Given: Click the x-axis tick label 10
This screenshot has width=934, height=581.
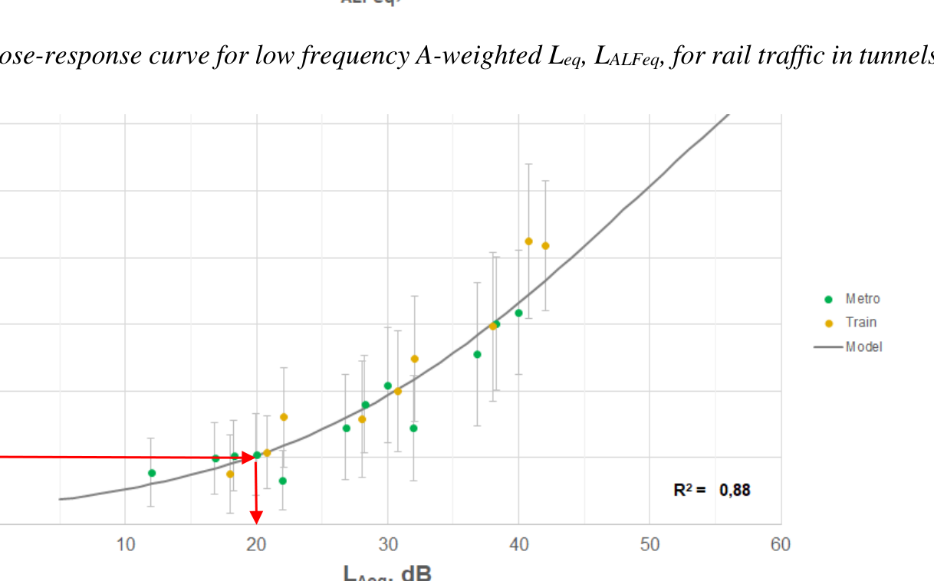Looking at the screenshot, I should pos(125,545).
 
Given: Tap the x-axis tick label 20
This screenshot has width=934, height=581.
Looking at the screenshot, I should pos(256,545).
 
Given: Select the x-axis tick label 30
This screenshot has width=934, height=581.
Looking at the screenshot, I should pos(387,545).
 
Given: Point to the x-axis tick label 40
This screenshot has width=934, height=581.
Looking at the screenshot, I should pos(518,545).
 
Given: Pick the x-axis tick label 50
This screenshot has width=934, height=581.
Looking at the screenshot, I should pos(650,545).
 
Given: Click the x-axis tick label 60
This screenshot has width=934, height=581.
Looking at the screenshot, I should pos(780,545).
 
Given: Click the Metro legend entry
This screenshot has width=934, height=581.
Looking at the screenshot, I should pos(862,299).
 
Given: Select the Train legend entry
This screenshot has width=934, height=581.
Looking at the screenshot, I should pos(860,323).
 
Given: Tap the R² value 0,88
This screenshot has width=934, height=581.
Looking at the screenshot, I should pos(735,490).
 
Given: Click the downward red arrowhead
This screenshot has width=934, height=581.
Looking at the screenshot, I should pos(256,517).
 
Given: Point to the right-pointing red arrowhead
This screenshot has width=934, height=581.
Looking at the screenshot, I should pos(248,458).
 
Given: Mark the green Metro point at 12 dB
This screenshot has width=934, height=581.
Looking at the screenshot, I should pos(152,473).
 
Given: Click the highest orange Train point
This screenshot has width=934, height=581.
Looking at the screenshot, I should pos(528,241).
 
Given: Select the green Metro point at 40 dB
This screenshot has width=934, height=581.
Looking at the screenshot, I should pos(518,313).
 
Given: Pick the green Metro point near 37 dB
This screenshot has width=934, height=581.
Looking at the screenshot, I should pos(477,354).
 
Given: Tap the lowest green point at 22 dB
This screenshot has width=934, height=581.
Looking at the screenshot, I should pos(283,481).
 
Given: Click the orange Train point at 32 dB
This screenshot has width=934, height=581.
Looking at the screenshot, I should pos(414,359).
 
